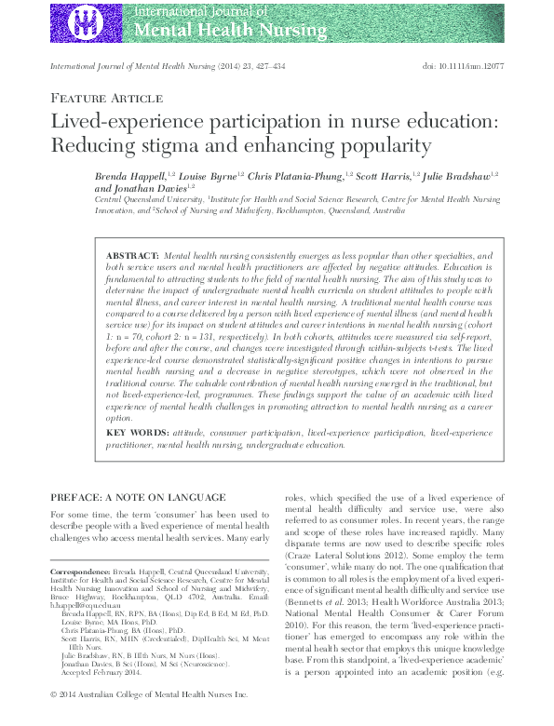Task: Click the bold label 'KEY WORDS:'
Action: (136, 434)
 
